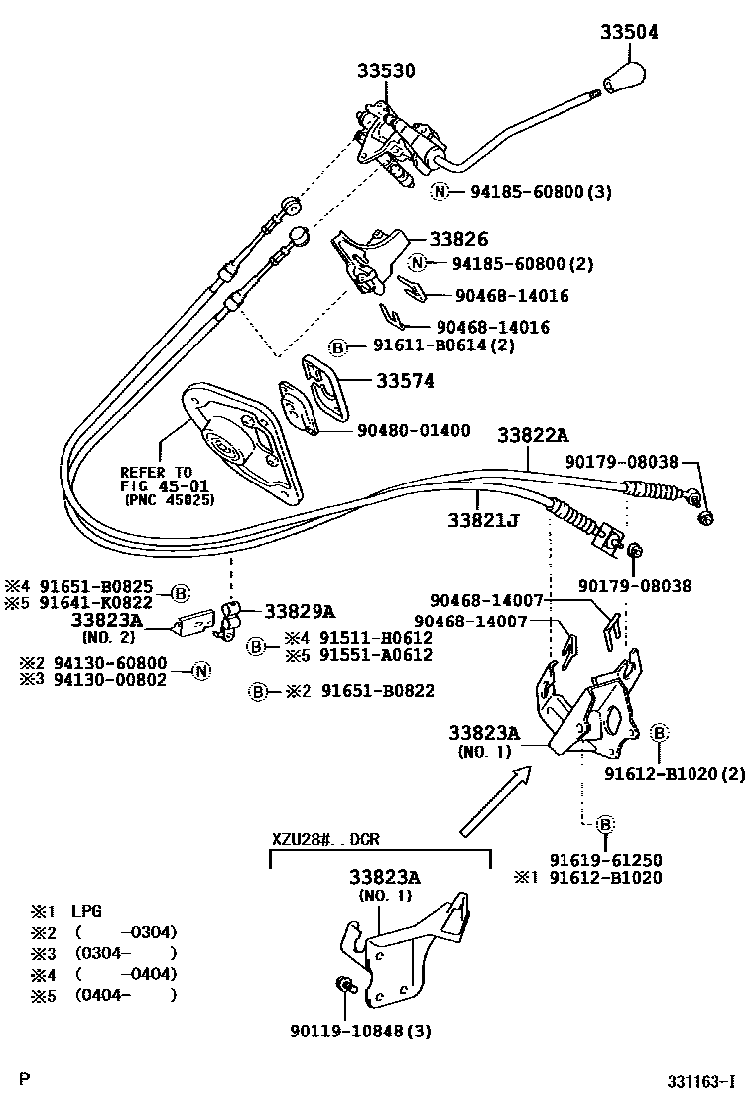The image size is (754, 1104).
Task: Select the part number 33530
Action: (386, 71)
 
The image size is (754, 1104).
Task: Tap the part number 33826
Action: (458, 239)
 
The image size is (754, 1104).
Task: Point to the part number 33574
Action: (404, 381)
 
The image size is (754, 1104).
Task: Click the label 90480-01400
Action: (414, 431)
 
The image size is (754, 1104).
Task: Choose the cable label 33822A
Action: (533, 435)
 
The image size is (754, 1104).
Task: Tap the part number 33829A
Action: (299, 611)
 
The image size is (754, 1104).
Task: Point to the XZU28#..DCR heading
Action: (325, 838)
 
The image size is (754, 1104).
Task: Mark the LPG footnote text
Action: (86, 910)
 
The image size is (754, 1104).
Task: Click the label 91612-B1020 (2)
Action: (675, 773)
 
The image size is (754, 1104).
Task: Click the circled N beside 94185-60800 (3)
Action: (440, 192)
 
